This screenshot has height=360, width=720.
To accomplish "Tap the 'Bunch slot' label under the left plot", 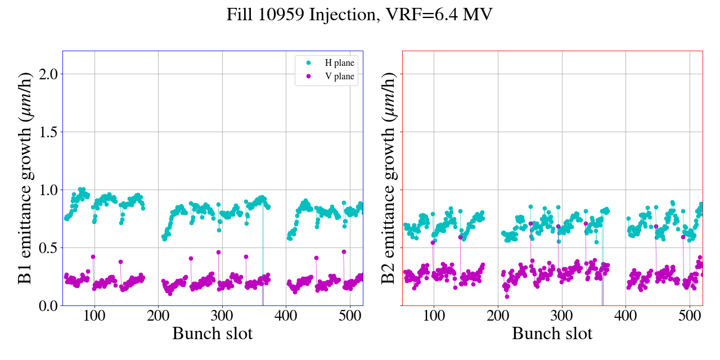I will tap(213, 334).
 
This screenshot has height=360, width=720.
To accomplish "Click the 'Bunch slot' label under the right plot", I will tap(552, 334).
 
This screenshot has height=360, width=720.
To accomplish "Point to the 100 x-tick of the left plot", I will tap(94, 315).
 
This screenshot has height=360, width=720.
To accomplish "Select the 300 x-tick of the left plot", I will tap(222, 315).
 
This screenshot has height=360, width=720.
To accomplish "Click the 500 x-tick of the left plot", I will tap(350, 315).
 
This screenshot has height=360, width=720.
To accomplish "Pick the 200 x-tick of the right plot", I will tap(498, 315).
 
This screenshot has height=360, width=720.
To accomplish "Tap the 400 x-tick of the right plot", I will tap(625, 315).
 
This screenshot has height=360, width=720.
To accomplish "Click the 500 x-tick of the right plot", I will tap(690, 315).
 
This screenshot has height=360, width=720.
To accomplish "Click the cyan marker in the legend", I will tap(308, 63).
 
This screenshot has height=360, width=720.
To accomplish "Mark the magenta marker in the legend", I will tap(308, 76).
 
